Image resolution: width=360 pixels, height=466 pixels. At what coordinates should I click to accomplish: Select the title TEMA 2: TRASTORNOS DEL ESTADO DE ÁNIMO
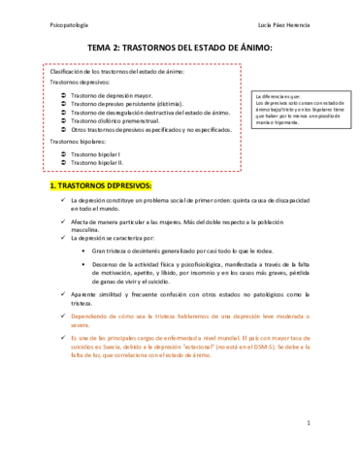[x=180, y=48]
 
